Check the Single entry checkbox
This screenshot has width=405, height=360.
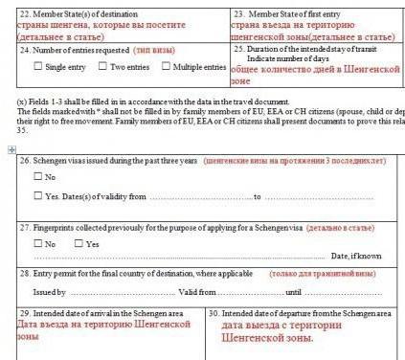tap(37, 67)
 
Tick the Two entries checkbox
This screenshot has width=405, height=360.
tap(102, 67)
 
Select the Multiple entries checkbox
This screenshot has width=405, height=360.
tap(166, 67)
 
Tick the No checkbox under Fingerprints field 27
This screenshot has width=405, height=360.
tap(37, 243)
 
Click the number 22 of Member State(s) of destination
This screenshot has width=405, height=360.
tap(25, 13)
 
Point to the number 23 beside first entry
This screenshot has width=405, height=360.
tap(238, 13)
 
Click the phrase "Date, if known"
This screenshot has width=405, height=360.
tap(356, 256)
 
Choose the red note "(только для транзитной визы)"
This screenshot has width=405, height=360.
tap(324, 274)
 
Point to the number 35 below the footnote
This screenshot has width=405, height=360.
tap(23, 131)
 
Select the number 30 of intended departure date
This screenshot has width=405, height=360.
tap(214, 313)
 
